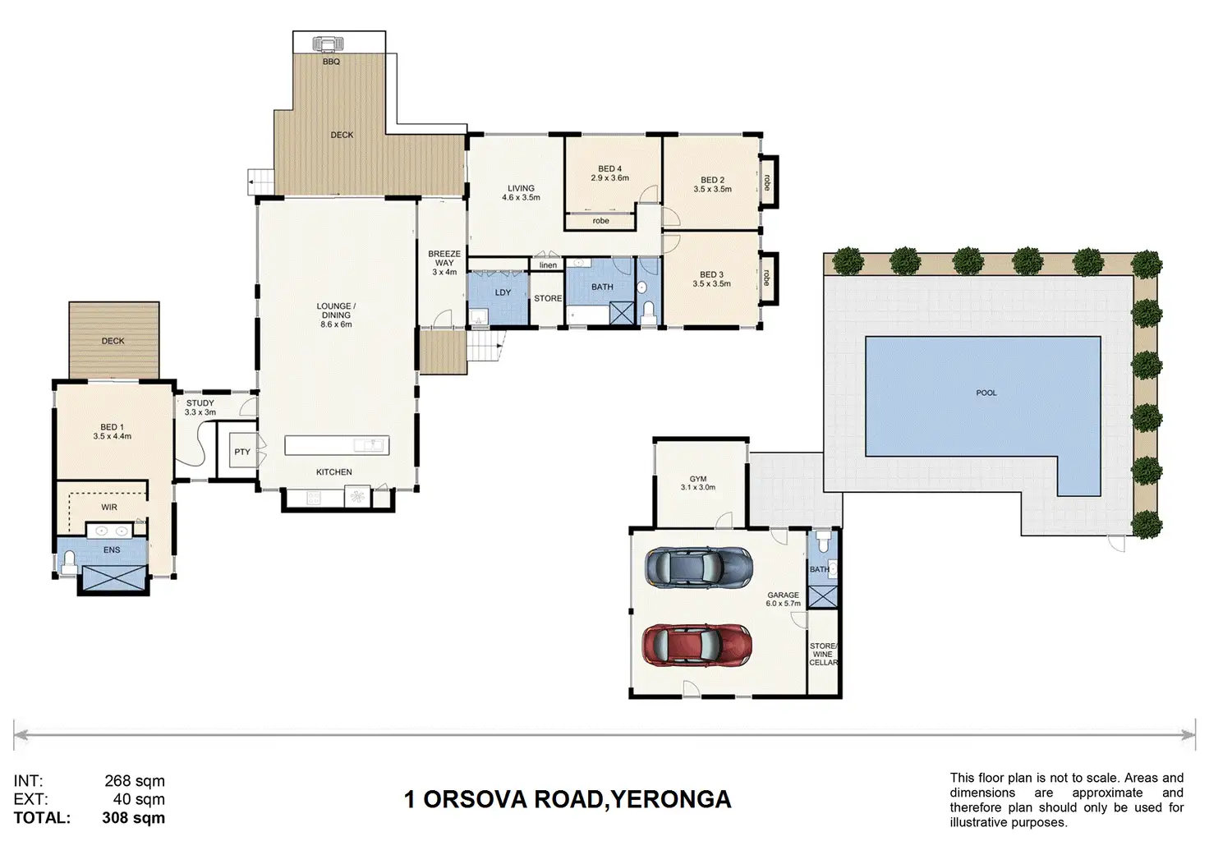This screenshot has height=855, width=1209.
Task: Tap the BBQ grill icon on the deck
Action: (x=327, y=43)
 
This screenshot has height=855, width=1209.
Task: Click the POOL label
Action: (x=986, y=393)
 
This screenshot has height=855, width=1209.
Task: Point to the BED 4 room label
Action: (x=609, y=169)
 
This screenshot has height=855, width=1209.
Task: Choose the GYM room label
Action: (x=698, y=479)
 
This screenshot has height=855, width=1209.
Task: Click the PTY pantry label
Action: (x=242, y=452)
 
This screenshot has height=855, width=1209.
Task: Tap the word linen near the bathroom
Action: (x=548, y=265)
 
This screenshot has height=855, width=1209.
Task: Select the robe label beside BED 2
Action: (x=766, y=182)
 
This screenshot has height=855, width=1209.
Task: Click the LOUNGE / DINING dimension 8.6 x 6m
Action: (x=336, y=324)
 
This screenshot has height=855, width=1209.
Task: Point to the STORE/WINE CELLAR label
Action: (x=823, y=655)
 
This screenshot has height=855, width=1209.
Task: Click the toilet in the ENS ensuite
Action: (x=69, y=561)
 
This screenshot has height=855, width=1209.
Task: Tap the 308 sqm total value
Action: (x=133, y=818)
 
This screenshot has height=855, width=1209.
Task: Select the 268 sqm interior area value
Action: (x=135, y=781)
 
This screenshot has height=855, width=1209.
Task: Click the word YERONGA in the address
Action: (x=671, y=799)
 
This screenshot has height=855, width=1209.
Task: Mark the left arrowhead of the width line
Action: (x=21, y=734)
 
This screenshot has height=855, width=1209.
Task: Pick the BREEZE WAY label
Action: (x=444, y=258)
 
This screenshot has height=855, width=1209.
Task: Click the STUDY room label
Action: (x=200, y=403)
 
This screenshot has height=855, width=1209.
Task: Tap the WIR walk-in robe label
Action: (x=109, y=508)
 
